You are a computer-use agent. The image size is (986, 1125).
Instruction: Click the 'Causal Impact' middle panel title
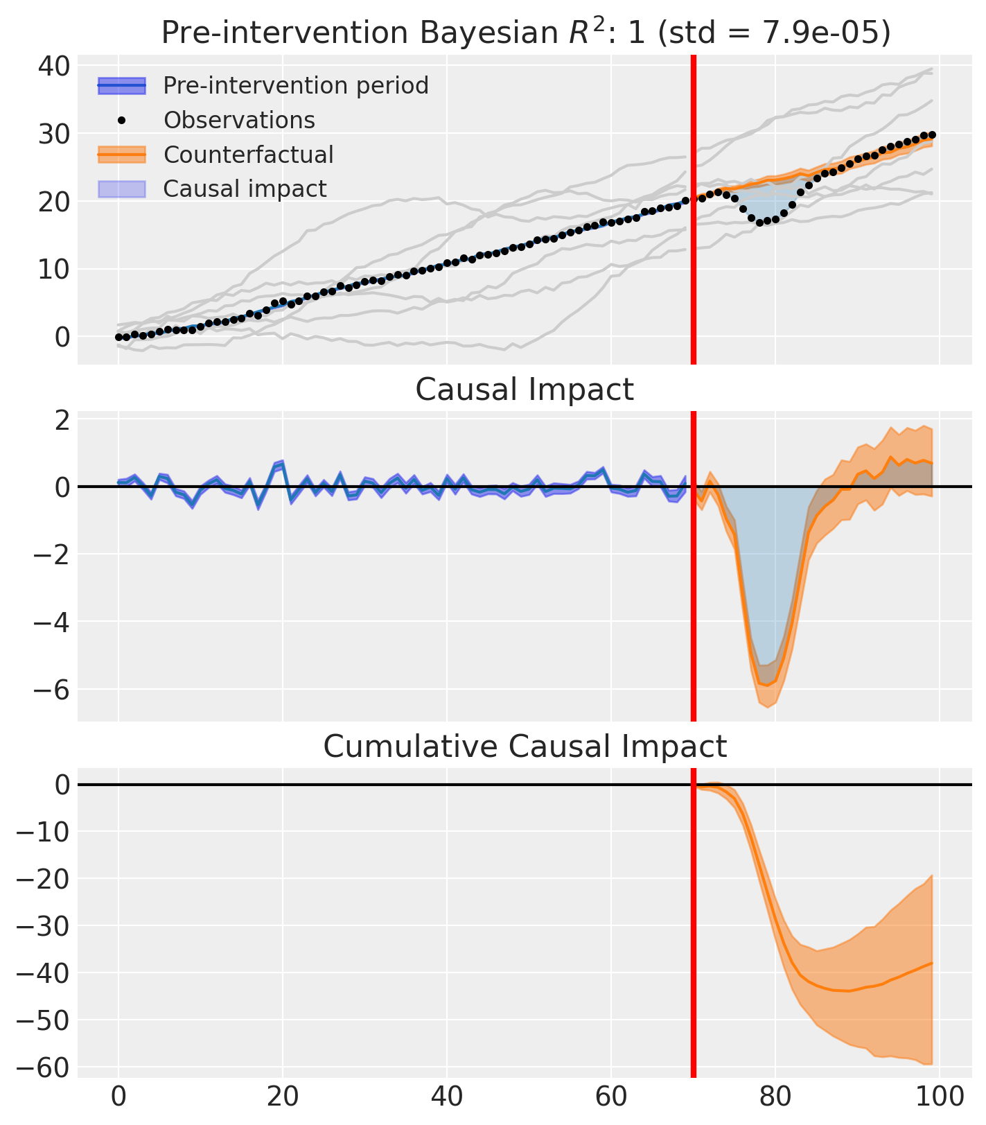[x=525, y=390]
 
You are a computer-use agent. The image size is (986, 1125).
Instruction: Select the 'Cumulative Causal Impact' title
[x=525, y=747]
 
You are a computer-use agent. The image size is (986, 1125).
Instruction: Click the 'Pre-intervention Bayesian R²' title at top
[x=525, y=33]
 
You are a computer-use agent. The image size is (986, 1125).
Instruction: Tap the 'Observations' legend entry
[x=239, y=121]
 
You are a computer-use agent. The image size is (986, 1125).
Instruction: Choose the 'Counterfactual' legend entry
[x=248, y=155]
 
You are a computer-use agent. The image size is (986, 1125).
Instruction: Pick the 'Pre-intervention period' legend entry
[x=296, y=86]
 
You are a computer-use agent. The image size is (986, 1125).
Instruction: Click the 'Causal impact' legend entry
[x=245, y=189]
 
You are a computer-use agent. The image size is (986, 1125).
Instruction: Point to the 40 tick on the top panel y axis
[x=53, y=67]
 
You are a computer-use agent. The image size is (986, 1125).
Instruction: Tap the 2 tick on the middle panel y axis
[x=61, y=420]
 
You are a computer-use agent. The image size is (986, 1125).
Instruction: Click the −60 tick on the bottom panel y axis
[x=42, y=1067]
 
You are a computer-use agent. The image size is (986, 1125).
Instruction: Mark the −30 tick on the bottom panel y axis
[x=42, y=926]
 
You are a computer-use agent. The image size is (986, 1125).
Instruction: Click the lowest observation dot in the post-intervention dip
[x=759, y=223]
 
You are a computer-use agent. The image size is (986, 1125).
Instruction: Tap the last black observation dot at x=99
[x=932, y=135]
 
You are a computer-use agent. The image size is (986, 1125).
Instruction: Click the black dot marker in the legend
[x=121, y=121]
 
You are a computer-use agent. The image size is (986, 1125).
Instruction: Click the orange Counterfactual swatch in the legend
[x=121, y=155]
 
